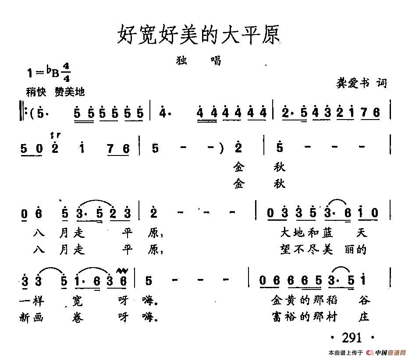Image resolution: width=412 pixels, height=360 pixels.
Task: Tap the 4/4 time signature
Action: click(67, 73)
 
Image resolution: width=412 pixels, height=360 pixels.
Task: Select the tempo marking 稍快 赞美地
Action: click(55, 92)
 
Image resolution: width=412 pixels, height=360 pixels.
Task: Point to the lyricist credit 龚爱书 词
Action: click(361, 83)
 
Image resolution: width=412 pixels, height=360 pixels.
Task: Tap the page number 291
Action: click(351, 338)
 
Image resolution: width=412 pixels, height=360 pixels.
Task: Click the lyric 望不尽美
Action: click(307, 249)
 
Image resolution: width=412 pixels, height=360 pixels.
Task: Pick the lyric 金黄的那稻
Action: click(304, 300)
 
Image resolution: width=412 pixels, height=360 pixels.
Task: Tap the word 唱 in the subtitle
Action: click(216, 60)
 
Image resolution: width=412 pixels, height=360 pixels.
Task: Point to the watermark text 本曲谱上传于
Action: click(345, 353)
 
